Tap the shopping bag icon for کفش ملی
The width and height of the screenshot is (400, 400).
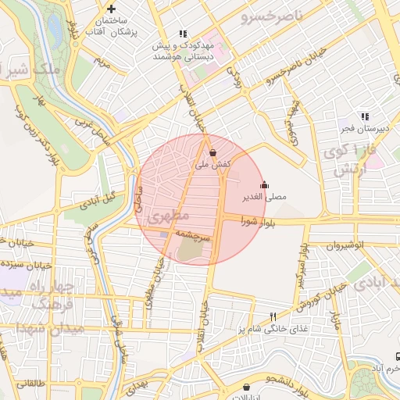[213, 153]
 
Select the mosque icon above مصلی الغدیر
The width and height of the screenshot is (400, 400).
[265, 185]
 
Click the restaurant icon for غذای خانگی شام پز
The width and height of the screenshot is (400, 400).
[273, 317]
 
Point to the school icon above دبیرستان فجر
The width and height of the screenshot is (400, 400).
[363, 116]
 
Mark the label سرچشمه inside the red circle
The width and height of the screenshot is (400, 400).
[187, 234]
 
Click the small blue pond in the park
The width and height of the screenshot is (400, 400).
[54, 31]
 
